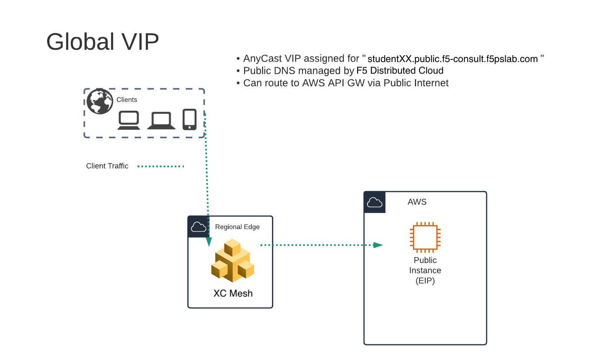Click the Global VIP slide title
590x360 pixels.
point(102,41)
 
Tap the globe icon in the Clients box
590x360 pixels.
point(100,101)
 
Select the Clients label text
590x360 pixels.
point(126,100)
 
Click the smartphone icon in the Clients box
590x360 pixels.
point(190,119)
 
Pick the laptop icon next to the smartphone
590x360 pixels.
point(161,121)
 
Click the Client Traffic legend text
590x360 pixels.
point(107,166)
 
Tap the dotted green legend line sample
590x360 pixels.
point(161,166)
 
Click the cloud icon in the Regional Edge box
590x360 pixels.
point(198,227)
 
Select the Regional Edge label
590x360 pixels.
point(237,227)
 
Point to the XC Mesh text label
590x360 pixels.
point(233,293)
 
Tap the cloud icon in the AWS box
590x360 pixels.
point(374,202)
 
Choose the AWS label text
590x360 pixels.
point(417,202)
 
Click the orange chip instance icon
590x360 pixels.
point(425,237)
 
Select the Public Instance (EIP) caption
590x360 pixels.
point(425,270)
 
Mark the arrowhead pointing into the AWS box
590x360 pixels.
point(378,245)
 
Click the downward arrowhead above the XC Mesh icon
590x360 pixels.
point(209,242)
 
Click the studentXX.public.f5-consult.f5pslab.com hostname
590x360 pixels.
point(452,59)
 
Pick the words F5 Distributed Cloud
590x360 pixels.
point(400,71)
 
